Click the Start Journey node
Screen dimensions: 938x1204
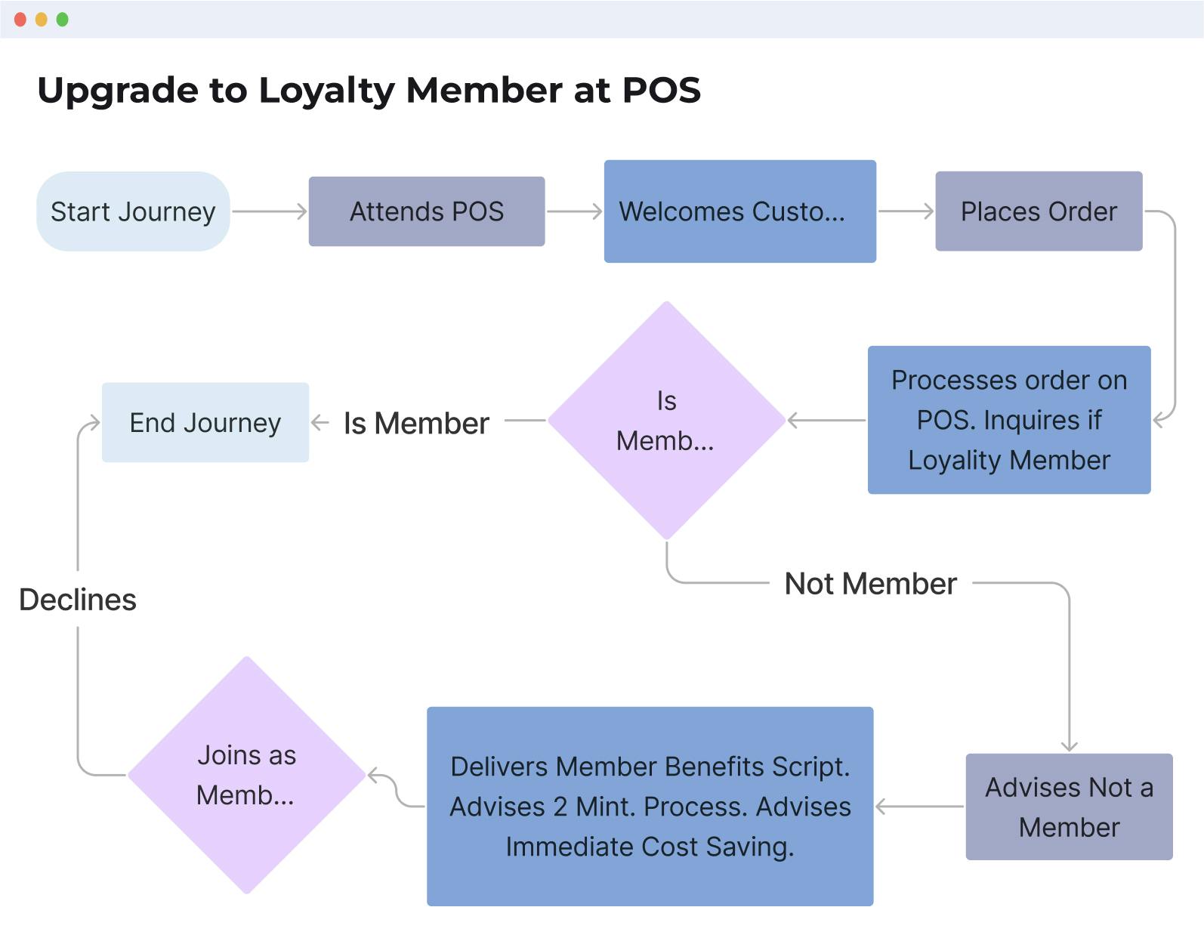pos(133,211)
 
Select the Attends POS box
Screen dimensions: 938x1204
pos(427,211)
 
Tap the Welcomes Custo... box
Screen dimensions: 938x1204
pos(739,211)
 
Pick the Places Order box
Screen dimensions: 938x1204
pos(1039,211)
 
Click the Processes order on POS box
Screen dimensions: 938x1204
pos(1009,420)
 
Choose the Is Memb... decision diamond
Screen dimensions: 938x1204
pos(666,421)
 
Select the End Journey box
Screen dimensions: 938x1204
pos(205,423)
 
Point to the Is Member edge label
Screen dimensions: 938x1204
pos(416,424)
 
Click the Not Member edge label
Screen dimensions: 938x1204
pos(870,584)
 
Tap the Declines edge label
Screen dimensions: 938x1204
pos(78,600)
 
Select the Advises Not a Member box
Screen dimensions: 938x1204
pos(1069,807)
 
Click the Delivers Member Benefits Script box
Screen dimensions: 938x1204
pos(650,807)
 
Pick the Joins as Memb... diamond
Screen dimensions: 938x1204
pos(246,775)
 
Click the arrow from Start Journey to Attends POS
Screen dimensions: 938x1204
pos(269,211)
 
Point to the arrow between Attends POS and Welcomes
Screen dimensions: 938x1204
pos(574,211)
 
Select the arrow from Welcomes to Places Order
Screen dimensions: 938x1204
pos(906,211)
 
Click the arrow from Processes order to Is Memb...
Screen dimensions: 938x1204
pos(826,421)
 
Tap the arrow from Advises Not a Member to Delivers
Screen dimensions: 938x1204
pos(919,807)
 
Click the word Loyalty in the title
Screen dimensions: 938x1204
pos(326,91)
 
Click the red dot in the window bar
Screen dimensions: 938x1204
pos(20,20)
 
